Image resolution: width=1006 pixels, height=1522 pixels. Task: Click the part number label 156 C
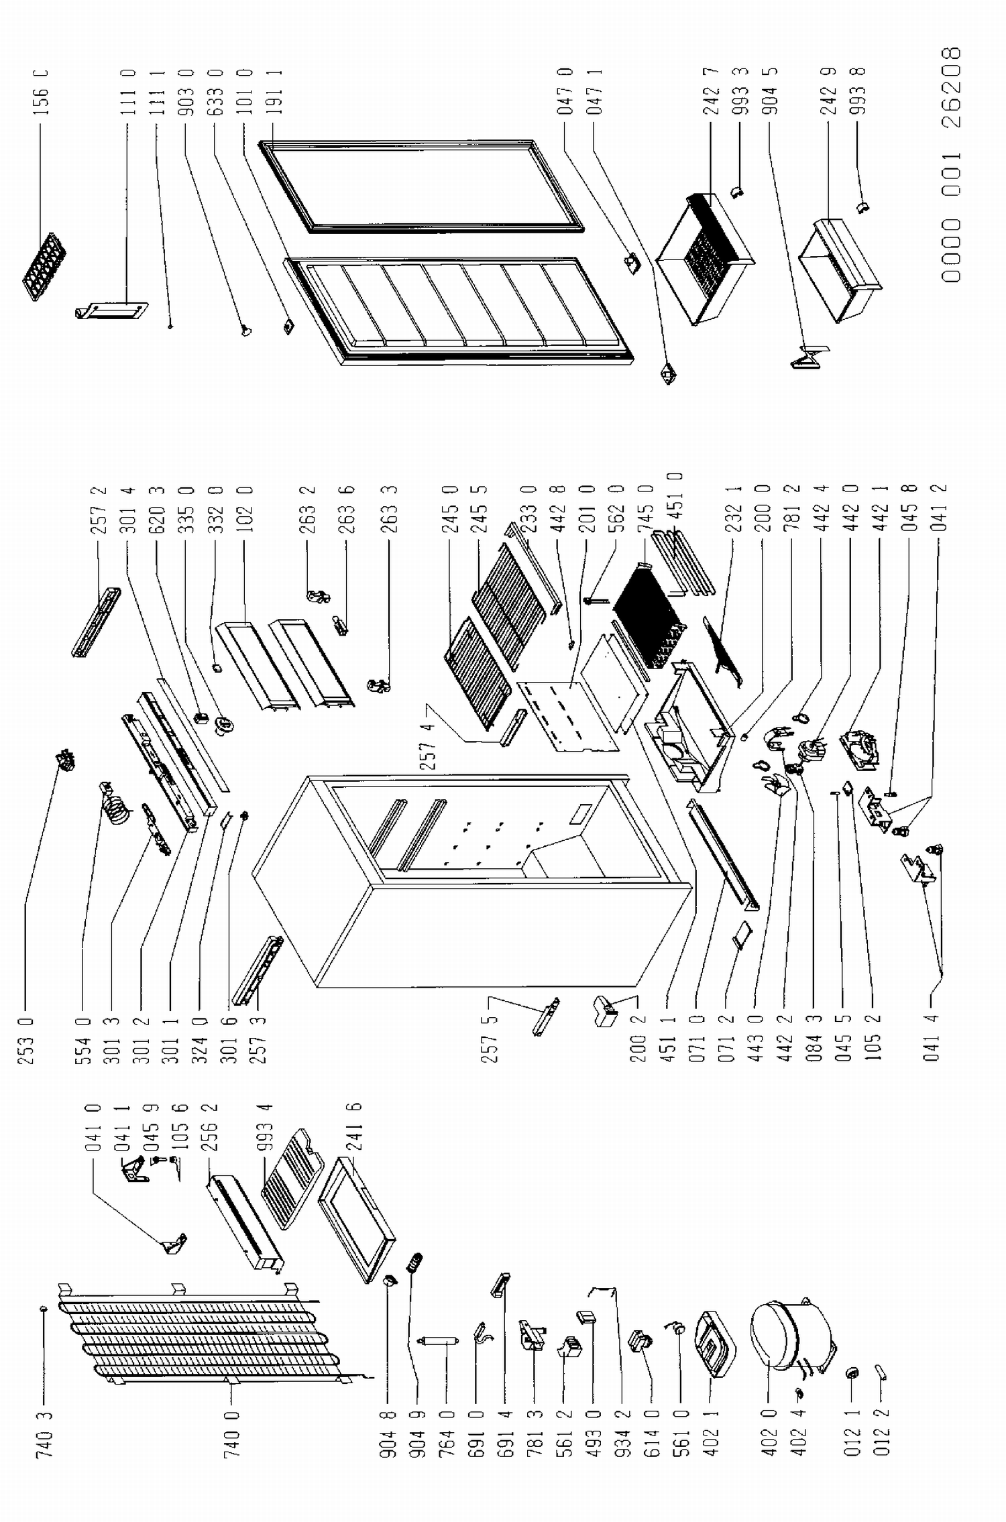[x=41, y=92]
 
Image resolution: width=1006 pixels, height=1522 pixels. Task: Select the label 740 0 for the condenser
[x=231, y=1434]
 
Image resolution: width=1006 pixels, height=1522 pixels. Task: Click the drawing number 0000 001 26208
[x=951, y=164]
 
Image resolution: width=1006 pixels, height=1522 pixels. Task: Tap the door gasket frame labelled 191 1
[x=421, y=186]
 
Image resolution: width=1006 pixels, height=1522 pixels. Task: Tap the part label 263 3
[x=389, y=510]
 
